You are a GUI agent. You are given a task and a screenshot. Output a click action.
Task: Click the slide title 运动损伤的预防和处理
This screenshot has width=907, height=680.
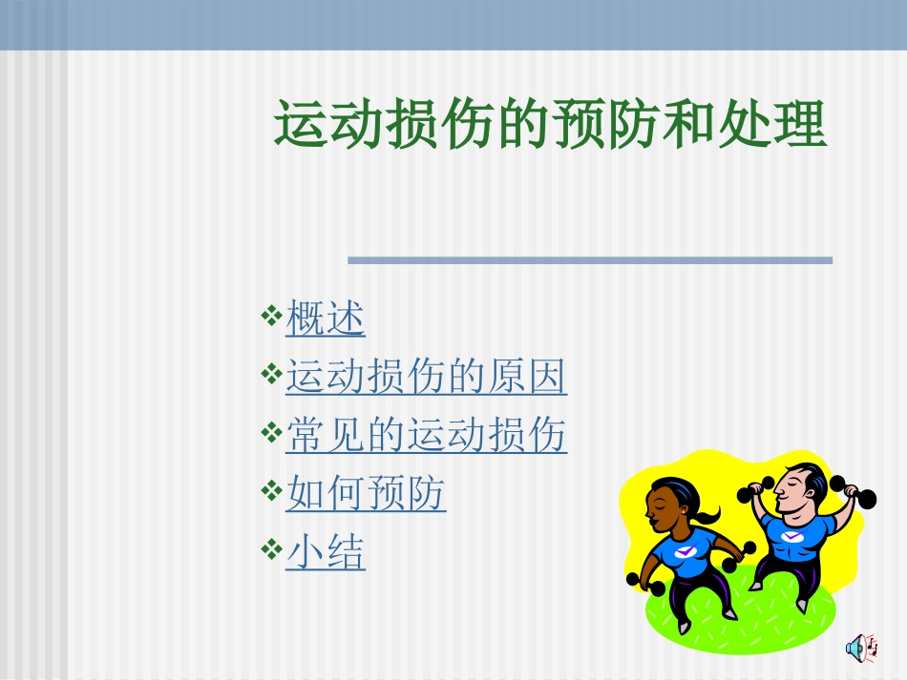click(550, 125)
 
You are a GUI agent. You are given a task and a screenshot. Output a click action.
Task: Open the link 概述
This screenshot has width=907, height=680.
click(326, 319)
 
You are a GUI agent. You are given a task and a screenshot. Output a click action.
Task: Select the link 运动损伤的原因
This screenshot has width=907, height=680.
click(426, 378)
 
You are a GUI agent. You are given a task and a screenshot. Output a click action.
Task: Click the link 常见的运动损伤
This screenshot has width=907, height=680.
click(426, 436)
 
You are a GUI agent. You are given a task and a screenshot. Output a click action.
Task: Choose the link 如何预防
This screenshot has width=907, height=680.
click(366, 494)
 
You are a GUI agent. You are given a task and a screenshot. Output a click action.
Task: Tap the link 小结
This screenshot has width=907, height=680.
click(326, 553)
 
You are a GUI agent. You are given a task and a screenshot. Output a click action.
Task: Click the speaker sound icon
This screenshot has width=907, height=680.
click(861, 648)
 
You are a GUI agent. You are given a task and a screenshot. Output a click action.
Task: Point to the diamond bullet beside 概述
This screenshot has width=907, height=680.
click(270, 314)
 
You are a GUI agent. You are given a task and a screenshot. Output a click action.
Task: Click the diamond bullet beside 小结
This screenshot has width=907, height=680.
click(270, 547)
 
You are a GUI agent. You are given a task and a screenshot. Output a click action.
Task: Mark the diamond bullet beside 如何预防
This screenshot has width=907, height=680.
click(270, 489)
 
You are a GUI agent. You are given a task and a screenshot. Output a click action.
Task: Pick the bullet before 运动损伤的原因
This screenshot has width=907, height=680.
click(270, 372)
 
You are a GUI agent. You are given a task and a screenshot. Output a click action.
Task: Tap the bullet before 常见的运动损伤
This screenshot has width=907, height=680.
click(270, 430)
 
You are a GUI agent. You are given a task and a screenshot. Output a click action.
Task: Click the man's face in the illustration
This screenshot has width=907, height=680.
click(794, 492)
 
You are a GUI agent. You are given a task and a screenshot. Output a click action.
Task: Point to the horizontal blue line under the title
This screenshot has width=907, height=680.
click(589, 259)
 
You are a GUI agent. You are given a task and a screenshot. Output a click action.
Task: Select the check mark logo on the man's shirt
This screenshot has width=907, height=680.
click(793, 536)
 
